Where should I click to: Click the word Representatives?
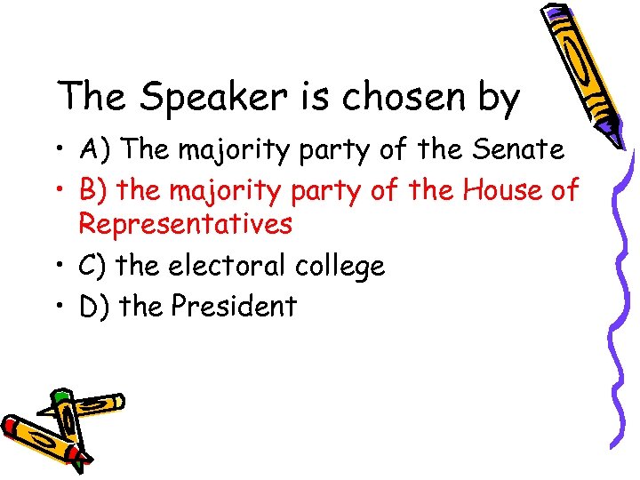tap(185, 226)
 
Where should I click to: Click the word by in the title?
tap(497, 99)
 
